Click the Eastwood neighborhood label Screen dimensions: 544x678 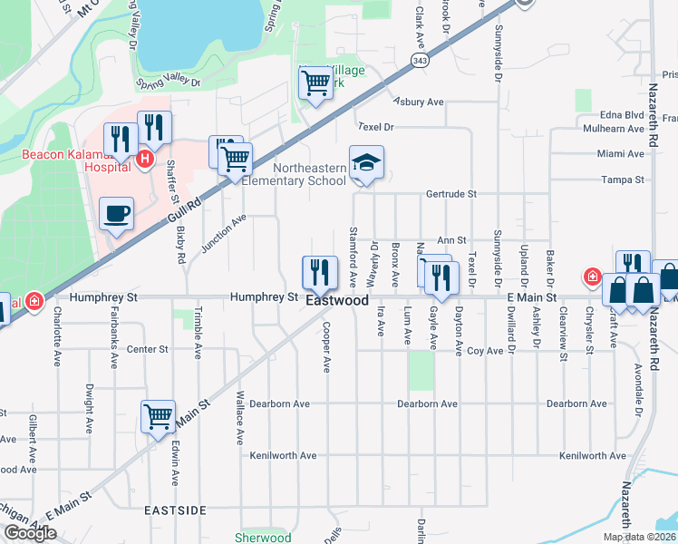pos(337,300)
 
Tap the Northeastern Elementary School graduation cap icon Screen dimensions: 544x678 pos(366,163)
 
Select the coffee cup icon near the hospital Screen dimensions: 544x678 pos(115,214)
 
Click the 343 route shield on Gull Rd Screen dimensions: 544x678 pos(419,60)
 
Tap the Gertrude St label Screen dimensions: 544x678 pos(450,194)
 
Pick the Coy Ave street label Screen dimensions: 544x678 pos(485,350)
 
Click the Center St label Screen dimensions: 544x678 pos(148,349)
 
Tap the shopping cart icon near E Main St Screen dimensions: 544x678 pos(158,418)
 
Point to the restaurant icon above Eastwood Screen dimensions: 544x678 pos(319,273)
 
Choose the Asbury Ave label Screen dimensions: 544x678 pos(418,102)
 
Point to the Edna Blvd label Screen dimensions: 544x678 pos(622,115)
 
